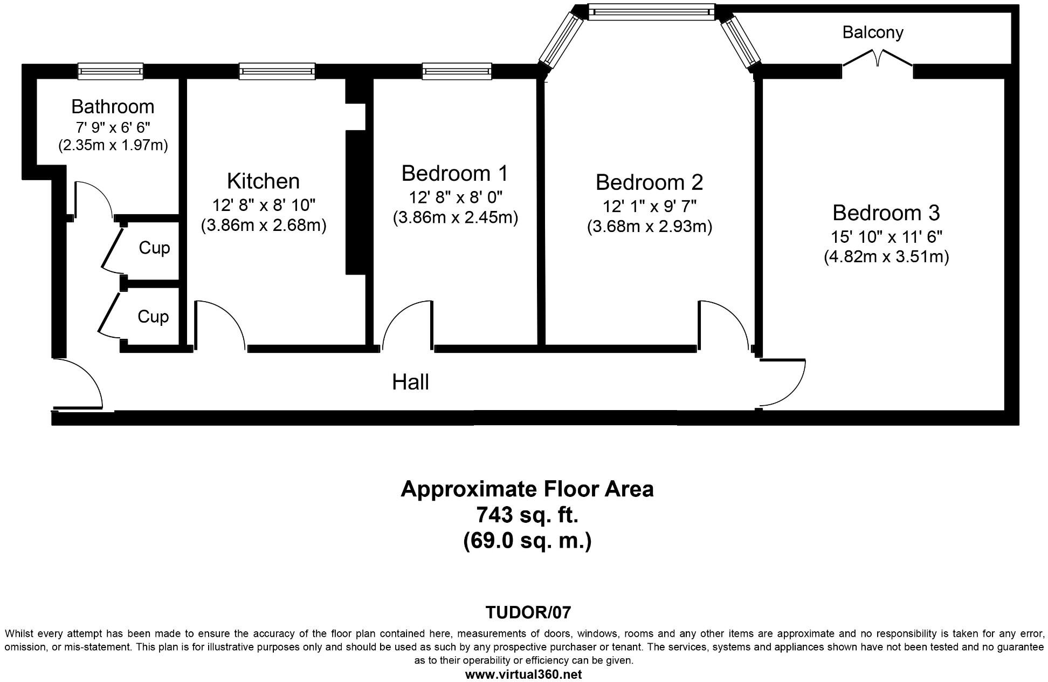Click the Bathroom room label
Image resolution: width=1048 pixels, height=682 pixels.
113,106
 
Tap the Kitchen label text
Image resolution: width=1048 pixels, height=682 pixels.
263,181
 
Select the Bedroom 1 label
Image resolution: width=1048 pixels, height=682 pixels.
455,173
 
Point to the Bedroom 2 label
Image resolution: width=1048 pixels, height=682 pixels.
649,182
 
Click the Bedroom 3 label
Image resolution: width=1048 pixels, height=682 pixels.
886,213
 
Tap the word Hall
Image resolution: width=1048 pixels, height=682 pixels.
410,382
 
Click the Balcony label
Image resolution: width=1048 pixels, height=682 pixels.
873,32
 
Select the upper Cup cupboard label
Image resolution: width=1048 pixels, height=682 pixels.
154,248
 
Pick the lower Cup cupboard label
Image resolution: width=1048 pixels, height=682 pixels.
153,316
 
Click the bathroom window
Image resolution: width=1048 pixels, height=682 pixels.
111,71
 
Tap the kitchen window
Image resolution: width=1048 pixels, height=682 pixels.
277,71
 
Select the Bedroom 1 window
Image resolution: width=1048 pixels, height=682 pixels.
457,71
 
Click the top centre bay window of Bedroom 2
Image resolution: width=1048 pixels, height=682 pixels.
651,12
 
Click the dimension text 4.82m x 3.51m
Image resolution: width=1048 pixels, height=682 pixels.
886,256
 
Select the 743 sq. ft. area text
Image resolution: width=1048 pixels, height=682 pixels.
527,515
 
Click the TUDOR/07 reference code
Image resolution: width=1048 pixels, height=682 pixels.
528,612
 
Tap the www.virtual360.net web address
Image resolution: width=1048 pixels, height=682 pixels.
523,674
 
